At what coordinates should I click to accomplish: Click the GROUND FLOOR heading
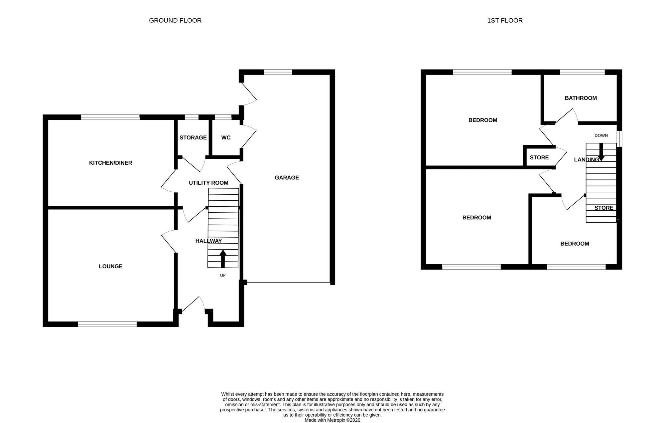click(175, 20)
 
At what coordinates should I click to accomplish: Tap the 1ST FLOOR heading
click(505, 20)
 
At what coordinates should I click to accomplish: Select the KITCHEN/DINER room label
click(110, 163)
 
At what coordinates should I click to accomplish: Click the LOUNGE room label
click(110, 266)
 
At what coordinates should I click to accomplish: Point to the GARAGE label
click(287, 178)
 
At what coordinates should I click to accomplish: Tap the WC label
click(226, 137)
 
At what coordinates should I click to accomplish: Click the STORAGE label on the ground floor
click(193, 137)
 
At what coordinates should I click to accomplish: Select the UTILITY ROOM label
click(208, 183)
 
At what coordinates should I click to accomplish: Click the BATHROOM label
click(581, 98)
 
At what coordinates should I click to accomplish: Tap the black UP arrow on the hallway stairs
click(223, 259)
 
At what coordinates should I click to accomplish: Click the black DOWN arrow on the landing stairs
click(601, 152)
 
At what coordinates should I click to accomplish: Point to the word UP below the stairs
click(223, 275)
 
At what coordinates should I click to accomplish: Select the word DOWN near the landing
click(601, 135)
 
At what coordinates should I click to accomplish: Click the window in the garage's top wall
click(278, 72)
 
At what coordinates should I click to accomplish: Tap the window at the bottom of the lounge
click(107, 324)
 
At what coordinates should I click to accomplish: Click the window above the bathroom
click(582, 72)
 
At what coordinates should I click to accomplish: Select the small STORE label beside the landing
click(539, 157)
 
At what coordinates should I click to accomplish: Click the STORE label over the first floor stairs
click(603, 208)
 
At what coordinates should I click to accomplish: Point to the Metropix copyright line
click(332, 420)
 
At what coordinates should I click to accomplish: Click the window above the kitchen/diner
click(110, 117)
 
